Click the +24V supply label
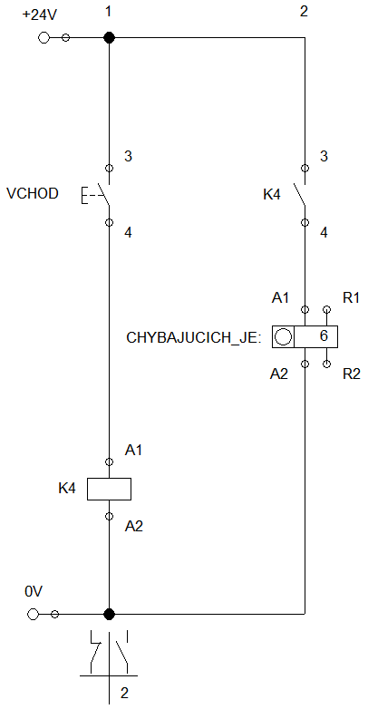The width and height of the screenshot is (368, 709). (40, 15)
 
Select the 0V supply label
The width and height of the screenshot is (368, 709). (34, 591)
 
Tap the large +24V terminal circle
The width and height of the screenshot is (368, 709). (44, 37)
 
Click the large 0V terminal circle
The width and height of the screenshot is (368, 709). (33, 614)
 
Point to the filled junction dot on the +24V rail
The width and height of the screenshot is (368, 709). (109, 37)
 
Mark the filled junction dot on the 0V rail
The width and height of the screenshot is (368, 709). (109, 614)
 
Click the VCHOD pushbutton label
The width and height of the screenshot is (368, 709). (33, 194)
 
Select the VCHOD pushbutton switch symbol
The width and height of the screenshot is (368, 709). (96, 195)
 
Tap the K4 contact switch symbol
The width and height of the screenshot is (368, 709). (300, 195)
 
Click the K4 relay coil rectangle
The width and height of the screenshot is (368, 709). (109, 489)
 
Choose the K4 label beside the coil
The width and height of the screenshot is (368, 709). (67, 489)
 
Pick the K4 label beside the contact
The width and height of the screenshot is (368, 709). (272, 195)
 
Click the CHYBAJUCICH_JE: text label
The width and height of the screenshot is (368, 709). (194, 338)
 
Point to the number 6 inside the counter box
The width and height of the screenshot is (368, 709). (324, 336)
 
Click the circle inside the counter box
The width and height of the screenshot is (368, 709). (283, 337)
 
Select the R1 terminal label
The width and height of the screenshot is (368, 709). (352, 298)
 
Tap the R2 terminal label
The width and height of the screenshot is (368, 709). (352, 374)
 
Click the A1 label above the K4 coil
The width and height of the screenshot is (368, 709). (133, 450)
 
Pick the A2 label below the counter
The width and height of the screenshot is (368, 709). (279, 374)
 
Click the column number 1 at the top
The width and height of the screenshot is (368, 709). (108, 11)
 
